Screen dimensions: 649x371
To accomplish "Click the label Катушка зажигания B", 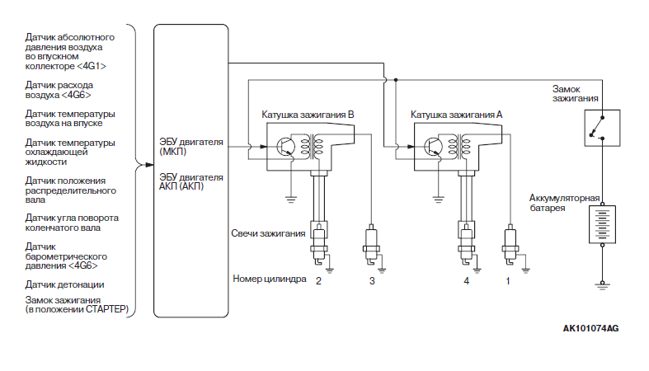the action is pyautogui.click(x=308, y=115).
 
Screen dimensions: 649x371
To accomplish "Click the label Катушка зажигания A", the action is pyautogui.click(x=457, y=115).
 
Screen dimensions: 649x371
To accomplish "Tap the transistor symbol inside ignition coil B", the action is pyautogui.click(x=285, y=147).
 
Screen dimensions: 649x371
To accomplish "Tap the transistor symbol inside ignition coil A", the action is pyautogui.click(x=434, y=147).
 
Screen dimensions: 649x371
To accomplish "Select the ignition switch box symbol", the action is pyautogui.click(x=602, y=128).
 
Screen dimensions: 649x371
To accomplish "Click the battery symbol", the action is pyautogui.click(x=602, y=224).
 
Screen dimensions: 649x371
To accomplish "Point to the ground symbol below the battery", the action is pyautogui.click(x=602, y=285).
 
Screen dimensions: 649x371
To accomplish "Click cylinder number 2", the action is pyautogui.click(x=318, y=281).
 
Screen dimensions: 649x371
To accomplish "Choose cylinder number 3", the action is pyautogui.click(x=372, y=281).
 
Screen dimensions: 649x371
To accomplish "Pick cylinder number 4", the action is pyautogui.click(x=467, y=281).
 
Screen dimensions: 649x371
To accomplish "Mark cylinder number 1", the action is pyautogui.click(x=508, y=281).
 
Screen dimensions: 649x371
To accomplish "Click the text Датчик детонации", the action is pyautogui.click(x=64, y=284).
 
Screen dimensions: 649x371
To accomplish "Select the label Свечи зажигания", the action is pyautogui.click(x=268, y=233).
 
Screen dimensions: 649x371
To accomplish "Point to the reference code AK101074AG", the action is pyautogui.click(x=590, y=328).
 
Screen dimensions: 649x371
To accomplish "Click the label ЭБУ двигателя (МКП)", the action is pyautogui.click(x=191, y=147).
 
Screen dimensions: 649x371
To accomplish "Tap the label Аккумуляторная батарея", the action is pyautogui.click(x=565, y=203).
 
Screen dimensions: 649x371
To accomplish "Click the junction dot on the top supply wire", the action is pyautogui.click(x=396, y=80).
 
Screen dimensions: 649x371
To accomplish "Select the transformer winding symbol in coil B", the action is pyautogui.click(x=312, y=147).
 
